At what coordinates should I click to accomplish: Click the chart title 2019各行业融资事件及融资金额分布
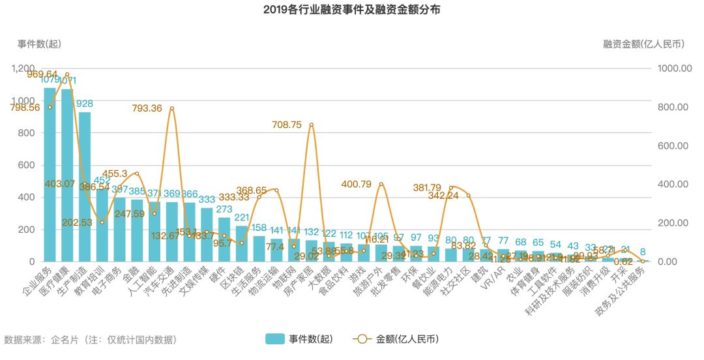click(x=351, y=10)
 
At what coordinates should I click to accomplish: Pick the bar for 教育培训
click(x=102, y=225)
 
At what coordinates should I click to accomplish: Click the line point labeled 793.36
click(x=172, y=108)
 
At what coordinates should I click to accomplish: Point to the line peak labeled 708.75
click(x=312, y=125)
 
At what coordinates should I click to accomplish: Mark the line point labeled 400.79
click(x=381, y=184)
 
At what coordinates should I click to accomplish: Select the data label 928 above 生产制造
click(x=85, y=103)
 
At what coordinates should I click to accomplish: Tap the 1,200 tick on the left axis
click(x=23, y=68)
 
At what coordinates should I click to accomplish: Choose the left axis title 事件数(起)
click(x=39, y=44)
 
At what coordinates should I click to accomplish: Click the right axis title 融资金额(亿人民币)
click(x=643, y=44)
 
